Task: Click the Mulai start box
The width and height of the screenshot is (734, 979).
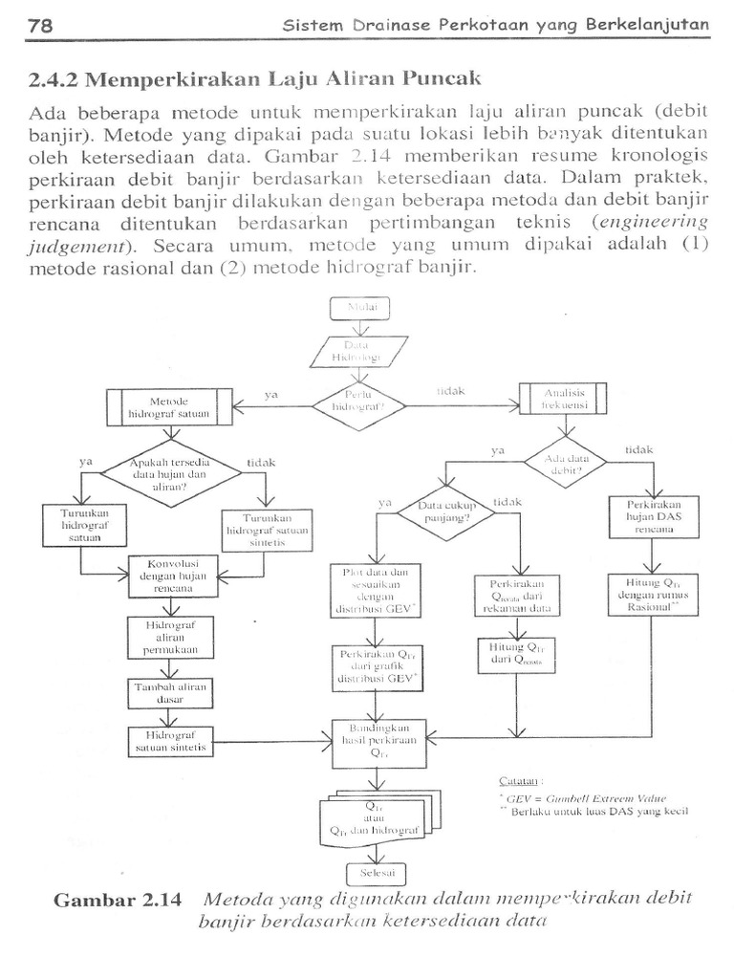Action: click(359, 308)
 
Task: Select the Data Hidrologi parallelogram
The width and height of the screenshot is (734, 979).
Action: click(359, 351)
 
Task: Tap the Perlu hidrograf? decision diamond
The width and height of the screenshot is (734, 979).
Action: click(359, 405)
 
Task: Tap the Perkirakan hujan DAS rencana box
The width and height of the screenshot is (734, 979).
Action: click(654, 518)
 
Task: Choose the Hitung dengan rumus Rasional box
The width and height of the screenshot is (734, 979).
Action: click(654, 596)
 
